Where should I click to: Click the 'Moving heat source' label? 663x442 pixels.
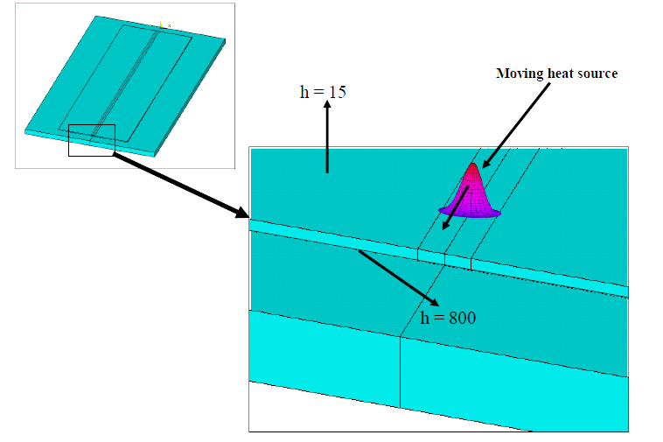(556, 74)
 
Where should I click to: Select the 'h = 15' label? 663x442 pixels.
(323, 92)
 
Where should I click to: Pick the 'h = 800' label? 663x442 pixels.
(448, 318)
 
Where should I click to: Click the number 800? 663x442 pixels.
(463, 318)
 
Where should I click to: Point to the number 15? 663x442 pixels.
(338, 92)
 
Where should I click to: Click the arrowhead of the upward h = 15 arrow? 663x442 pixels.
(327, 104)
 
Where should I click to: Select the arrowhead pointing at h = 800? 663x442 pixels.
(434, 302)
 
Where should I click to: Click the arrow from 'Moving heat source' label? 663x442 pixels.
(516, 125)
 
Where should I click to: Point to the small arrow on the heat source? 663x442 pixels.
(456, 208)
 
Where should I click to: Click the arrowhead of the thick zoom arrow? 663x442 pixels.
(242, 213)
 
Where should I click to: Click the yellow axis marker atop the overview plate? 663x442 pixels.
(161, 22)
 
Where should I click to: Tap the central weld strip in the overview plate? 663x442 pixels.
(126, 81)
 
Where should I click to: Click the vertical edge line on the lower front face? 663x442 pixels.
(400, 372)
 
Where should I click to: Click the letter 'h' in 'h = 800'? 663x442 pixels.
(424, 318)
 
